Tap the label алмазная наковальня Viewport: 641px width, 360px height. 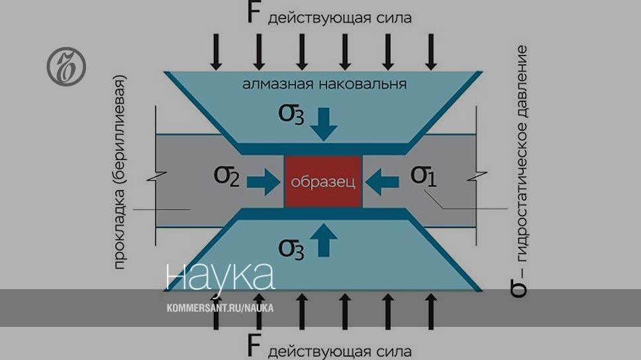click(x=324, y=84)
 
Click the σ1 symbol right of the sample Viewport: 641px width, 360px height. click(x=424, y=176)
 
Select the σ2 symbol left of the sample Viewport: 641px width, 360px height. click(x=226, y=177)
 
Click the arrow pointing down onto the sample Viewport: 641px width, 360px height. click(x=324, y=123)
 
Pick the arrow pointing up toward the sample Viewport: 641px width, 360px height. click(x=324, y=240)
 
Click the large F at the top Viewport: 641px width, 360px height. click(x=254, y=13)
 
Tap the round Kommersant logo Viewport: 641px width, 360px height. click(x=66, y=67)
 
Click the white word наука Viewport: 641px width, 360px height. click(x=220, y=276)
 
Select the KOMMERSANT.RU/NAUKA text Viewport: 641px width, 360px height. click(x=220, y=308)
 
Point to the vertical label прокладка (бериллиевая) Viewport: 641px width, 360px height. click(x=120, y=172)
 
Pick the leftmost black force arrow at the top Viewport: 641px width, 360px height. click(x=216, y=51)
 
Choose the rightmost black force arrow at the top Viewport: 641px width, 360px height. click(x=431, y=51)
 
